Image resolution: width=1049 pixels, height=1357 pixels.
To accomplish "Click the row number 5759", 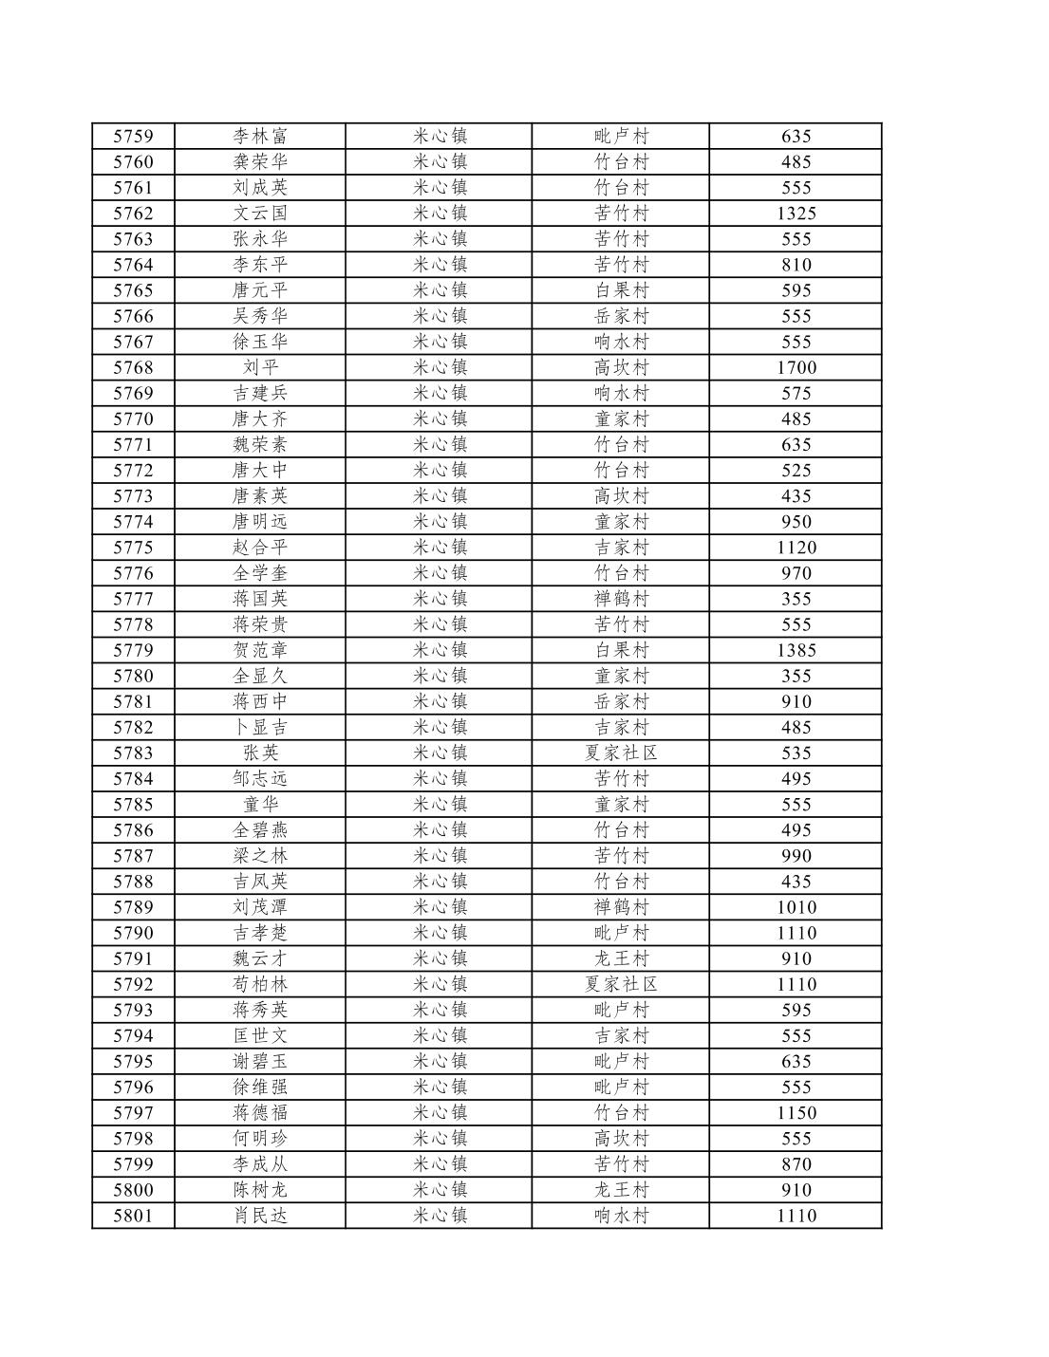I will [x=133, y=137].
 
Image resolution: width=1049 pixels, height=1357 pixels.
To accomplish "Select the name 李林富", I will [x=260, y=137].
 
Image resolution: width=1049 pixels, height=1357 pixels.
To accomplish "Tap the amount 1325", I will [x=796, y=214].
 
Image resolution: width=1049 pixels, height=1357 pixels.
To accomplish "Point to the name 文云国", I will [x=260, y=214].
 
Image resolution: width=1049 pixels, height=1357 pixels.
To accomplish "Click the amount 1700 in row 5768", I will [x=796, y=367].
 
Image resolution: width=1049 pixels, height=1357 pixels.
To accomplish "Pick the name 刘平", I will [x=260, y=367].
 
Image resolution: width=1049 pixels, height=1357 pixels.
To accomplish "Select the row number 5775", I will [x=133, y=548].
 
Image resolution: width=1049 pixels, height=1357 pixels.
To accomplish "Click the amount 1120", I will [x=796, y=548].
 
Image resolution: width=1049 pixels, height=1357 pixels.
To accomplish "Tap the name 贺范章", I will [x=260, y=650].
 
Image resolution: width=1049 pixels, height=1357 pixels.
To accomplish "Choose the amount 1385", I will [x=796, y=650].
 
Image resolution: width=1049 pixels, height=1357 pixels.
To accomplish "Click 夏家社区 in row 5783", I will [x=621, y=753].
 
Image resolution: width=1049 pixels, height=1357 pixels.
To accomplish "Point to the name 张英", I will [x=260, y=753].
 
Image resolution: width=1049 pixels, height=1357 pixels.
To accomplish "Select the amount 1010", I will [x=796, y=907].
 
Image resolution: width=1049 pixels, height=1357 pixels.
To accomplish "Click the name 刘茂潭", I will [x=260, y=907].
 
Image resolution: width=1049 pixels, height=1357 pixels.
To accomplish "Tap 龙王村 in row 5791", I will [x=621, y=958].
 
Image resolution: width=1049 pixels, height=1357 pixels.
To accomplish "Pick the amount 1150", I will [x=796, y=1112].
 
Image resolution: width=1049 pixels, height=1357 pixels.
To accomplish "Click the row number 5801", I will [x=133, y=1216].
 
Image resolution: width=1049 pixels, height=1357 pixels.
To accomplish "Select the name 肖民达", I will [x=260, y=1216].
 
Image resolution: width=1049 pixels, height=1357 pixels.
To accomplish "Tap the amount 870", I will [x=796, y=1164].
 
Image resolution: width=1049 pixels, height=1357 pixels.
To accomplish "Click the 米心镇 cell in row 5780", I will [x=440, y=676].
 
